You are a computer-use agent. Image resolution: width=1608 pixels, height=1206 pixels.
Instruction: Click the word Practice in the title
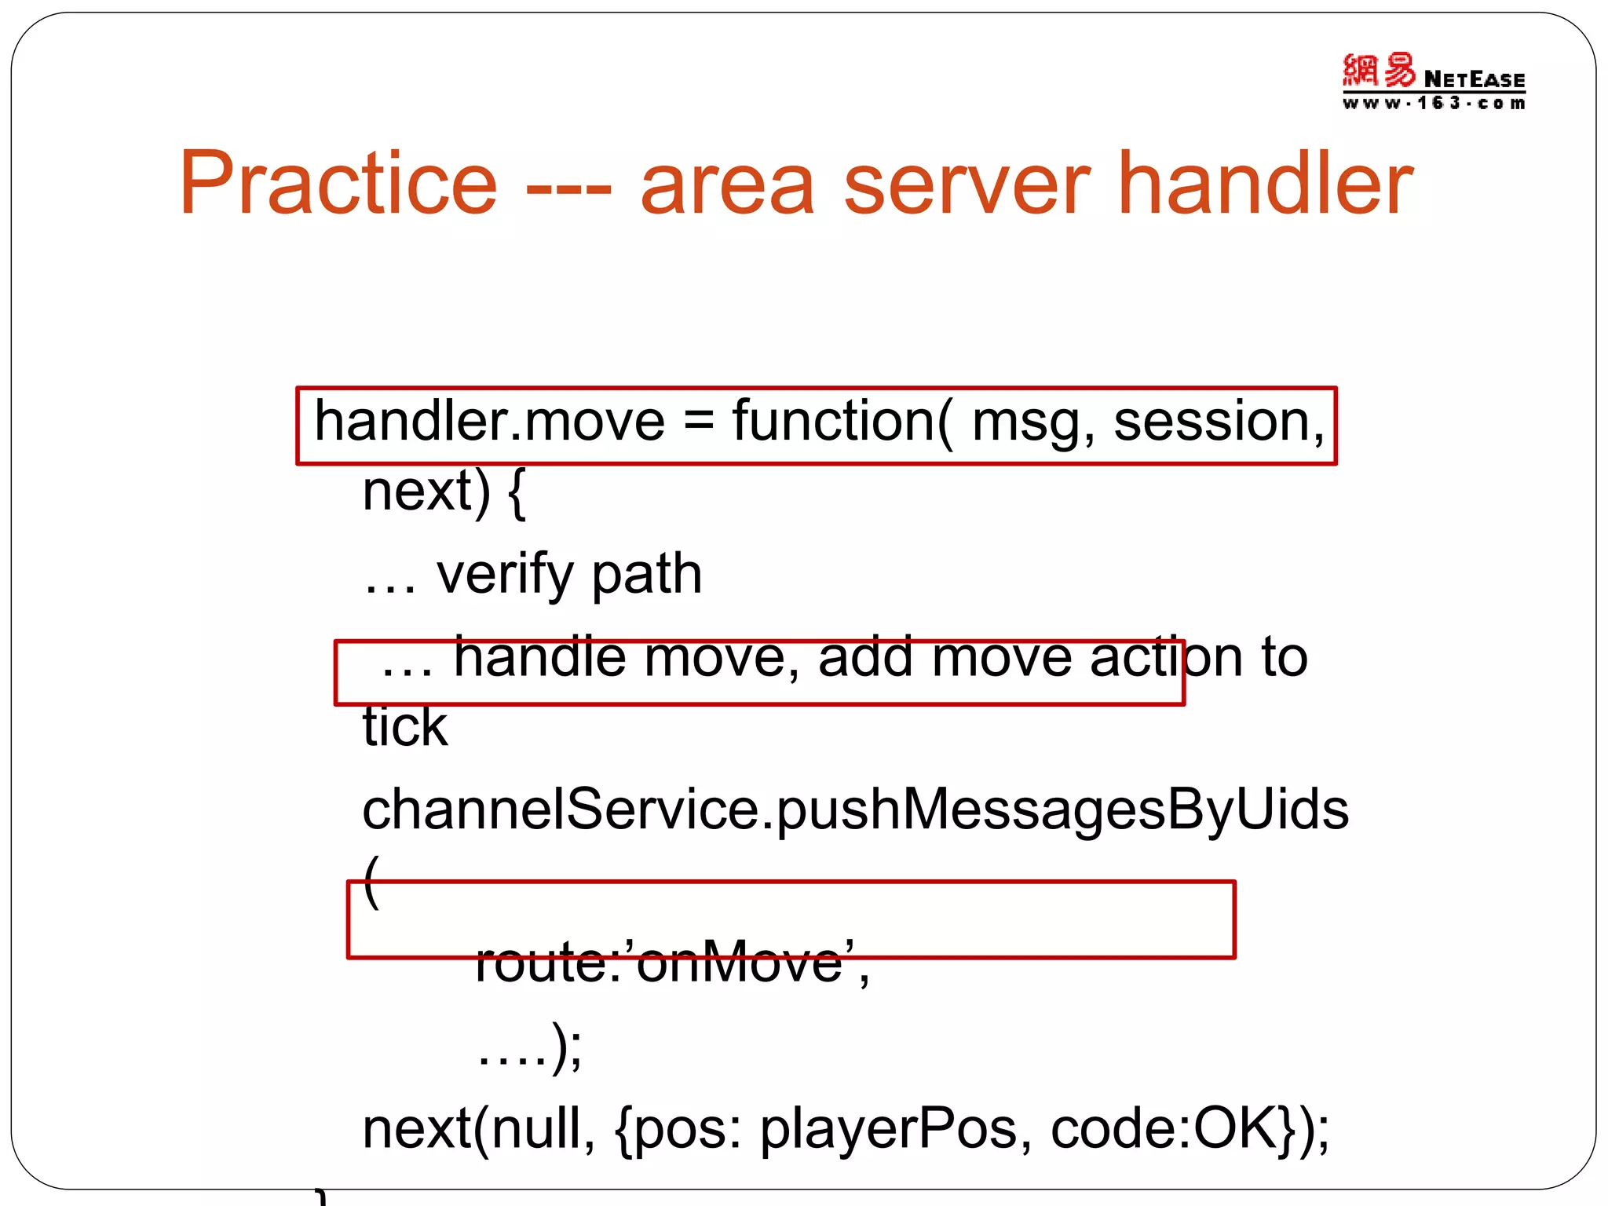click(338, 185)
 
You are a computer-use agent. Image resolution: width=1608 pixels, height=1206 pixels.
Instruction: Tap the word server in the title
click(967, 185)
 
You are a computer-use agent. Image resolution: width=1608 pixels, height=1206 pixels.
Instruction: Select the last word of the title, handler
click(1264, 185)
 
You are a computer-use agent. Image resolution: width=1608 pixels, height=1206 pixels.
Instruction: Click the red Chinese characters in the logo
click(1378, 71)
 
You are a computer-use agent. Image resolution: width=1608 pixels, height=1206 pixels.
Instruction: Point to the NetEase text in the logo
click(1474, 80)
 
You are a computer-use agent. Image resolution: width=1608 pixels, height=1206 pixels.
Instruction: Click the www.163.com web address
click(1434, 104)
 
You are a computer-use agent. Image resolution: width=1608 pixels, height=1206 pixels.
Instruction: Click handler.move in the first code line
click(489, 422)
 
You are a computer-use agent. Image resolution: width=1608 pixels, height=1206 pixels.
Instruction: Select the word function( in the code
click(842, 422)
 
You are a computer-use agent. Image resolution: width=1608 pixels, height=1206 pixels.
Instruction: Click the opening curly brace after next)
click(516, 493)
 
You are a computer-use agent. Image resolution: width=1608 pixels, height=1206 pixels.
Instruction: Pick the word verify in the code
click(505, 575)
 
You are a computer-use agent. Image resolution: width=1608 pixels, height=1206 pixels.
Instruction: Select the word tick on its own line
click(404, 726)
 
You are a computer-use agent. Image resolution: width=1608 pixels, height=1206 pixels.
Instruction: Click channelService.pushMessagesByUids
click(855, 810)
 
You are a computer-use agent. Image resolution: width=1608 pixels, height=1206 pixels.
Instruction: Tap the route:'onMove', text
click(672, 963)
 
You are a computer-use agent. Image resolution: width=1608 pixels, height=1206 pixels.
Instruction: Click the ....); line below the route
click(530, 1047)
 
